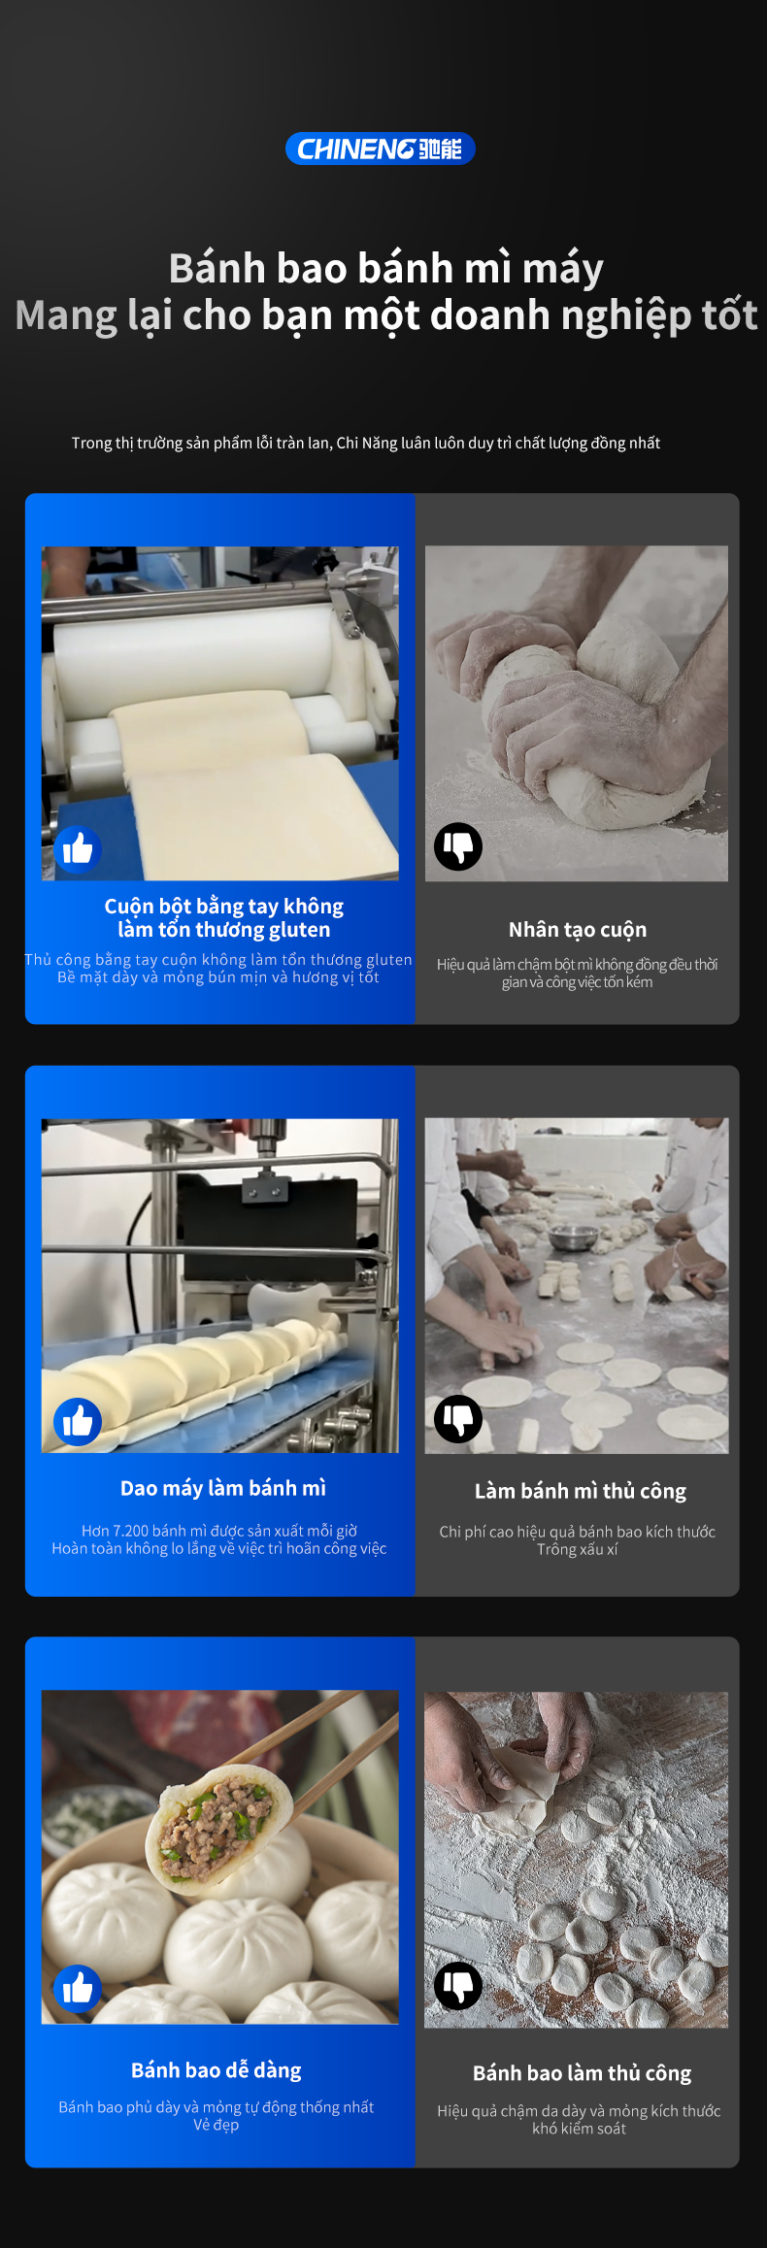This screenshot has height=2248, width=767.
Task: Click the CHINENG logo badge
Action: point(380,149)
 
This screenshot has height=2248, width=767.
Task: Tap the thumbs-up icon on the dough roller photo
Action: point(78,850)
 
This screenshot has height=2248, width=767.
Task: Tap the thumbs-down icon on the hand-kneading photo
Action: point(458,846)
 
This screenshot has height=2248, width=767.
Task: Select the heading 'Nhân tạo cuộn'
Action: point(578,930)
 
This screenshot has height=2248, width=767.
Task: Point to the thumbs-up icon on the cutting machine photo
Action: point(78,1422)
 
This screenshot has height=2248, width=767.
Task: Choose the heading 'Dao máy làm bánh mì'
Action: point(223,1488)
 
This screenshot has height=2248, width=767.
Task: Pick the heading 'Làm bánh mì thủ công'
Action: point(581,1491)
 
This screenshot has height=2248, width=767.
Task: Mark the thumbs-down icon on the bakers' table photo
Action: point(458,1419)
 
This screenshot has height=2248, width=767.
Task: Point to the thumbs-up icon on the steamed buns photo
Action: point(78,1989)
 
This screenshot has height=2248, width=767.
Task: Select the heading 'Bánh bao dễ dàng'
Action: point(217,2070)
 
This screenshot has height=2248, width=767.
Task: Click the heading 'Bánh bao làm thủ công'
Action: point(583,2073)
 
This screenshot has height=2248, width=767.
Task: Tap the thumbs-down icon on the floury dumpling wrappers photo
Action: point(458,1986)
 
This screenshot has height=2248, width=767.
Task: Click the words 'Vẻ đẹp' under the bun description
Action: point(216,2125)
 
